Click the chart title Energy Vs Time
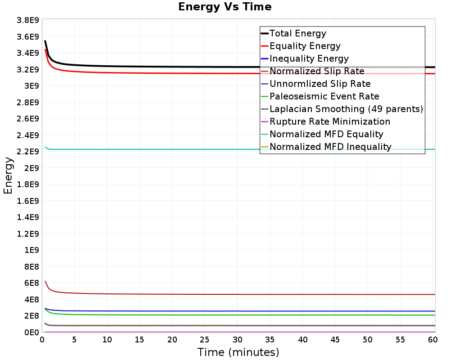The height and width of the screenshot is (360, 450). [225, 7]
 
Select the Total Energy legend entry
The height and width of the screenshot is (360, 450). [297, 33]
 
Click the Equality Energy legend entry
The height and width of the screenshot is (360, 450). [305, 46]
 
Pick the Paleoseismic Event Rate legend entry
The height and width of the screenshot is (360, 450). [324, 96]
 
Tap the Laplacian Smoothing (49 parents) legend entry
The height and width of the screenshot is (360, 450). [346, 109]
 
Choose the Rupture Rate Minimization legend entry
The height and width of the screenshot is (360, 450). [329, 121]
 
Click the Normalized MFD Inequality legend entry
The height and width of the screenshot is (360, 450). [330, 147]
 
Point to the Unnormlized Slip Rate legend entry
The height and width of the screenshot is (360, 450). [320, 84]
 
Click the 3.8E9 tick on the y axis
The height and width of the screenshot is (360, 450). [27, 20]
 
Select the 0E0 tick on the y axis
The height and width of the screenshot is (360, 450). [30, 332]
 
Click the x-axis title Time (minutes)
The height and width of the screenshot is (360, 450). [238, 352]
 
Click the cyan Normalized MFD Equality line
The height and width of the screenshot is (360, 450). [225, 149]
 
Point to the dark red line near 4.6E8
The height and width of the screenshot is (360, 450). [225, 294]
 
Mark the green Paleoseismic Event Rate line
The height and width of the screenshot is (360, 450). [225, 315]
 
